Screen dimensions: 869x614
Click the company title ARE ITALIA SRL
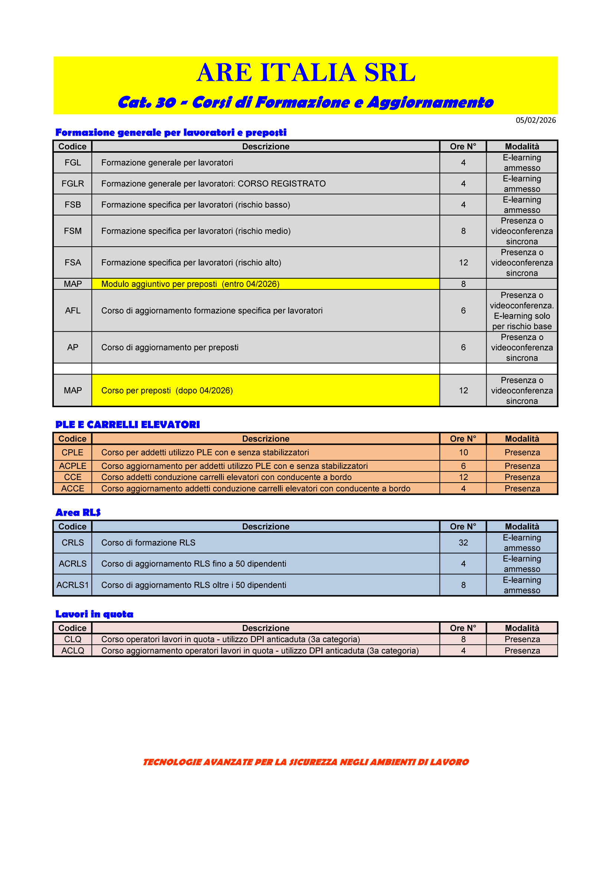[x=306, y=73]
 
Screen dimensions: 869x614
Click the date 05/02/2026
[x=535, y=120]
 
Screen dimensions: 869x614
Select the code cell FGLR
[x=73, y=184]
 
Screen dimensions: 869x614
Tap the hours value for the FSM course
[x=463, y=231]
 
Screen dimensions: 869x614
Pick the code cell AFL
[x=73, y=311]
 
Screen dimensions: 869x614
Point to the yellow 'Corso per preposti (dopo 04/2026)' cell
[x=265, y=390]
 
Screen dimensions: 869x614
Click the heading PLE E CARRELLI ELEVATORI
[x=127, y=425]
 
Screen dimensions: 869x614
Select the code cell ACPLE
[x=73, y=466]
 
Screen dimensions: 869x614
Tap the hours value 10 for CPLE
[x=463, y=453]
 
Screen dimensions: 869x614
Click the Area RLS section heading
[x=78, y=512]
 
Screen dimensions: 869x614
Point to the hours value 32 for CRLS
[x=463, y=543]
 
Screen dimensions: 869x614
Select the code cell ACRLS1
[x=73, y=585]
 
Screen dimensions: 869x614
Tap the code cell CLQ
[x=73, y=639]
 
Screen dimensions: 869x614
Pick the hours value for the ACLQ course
[x=463, y=651]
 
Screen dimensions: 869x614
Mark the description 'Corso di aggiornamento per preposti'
[x=170, y=347]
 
